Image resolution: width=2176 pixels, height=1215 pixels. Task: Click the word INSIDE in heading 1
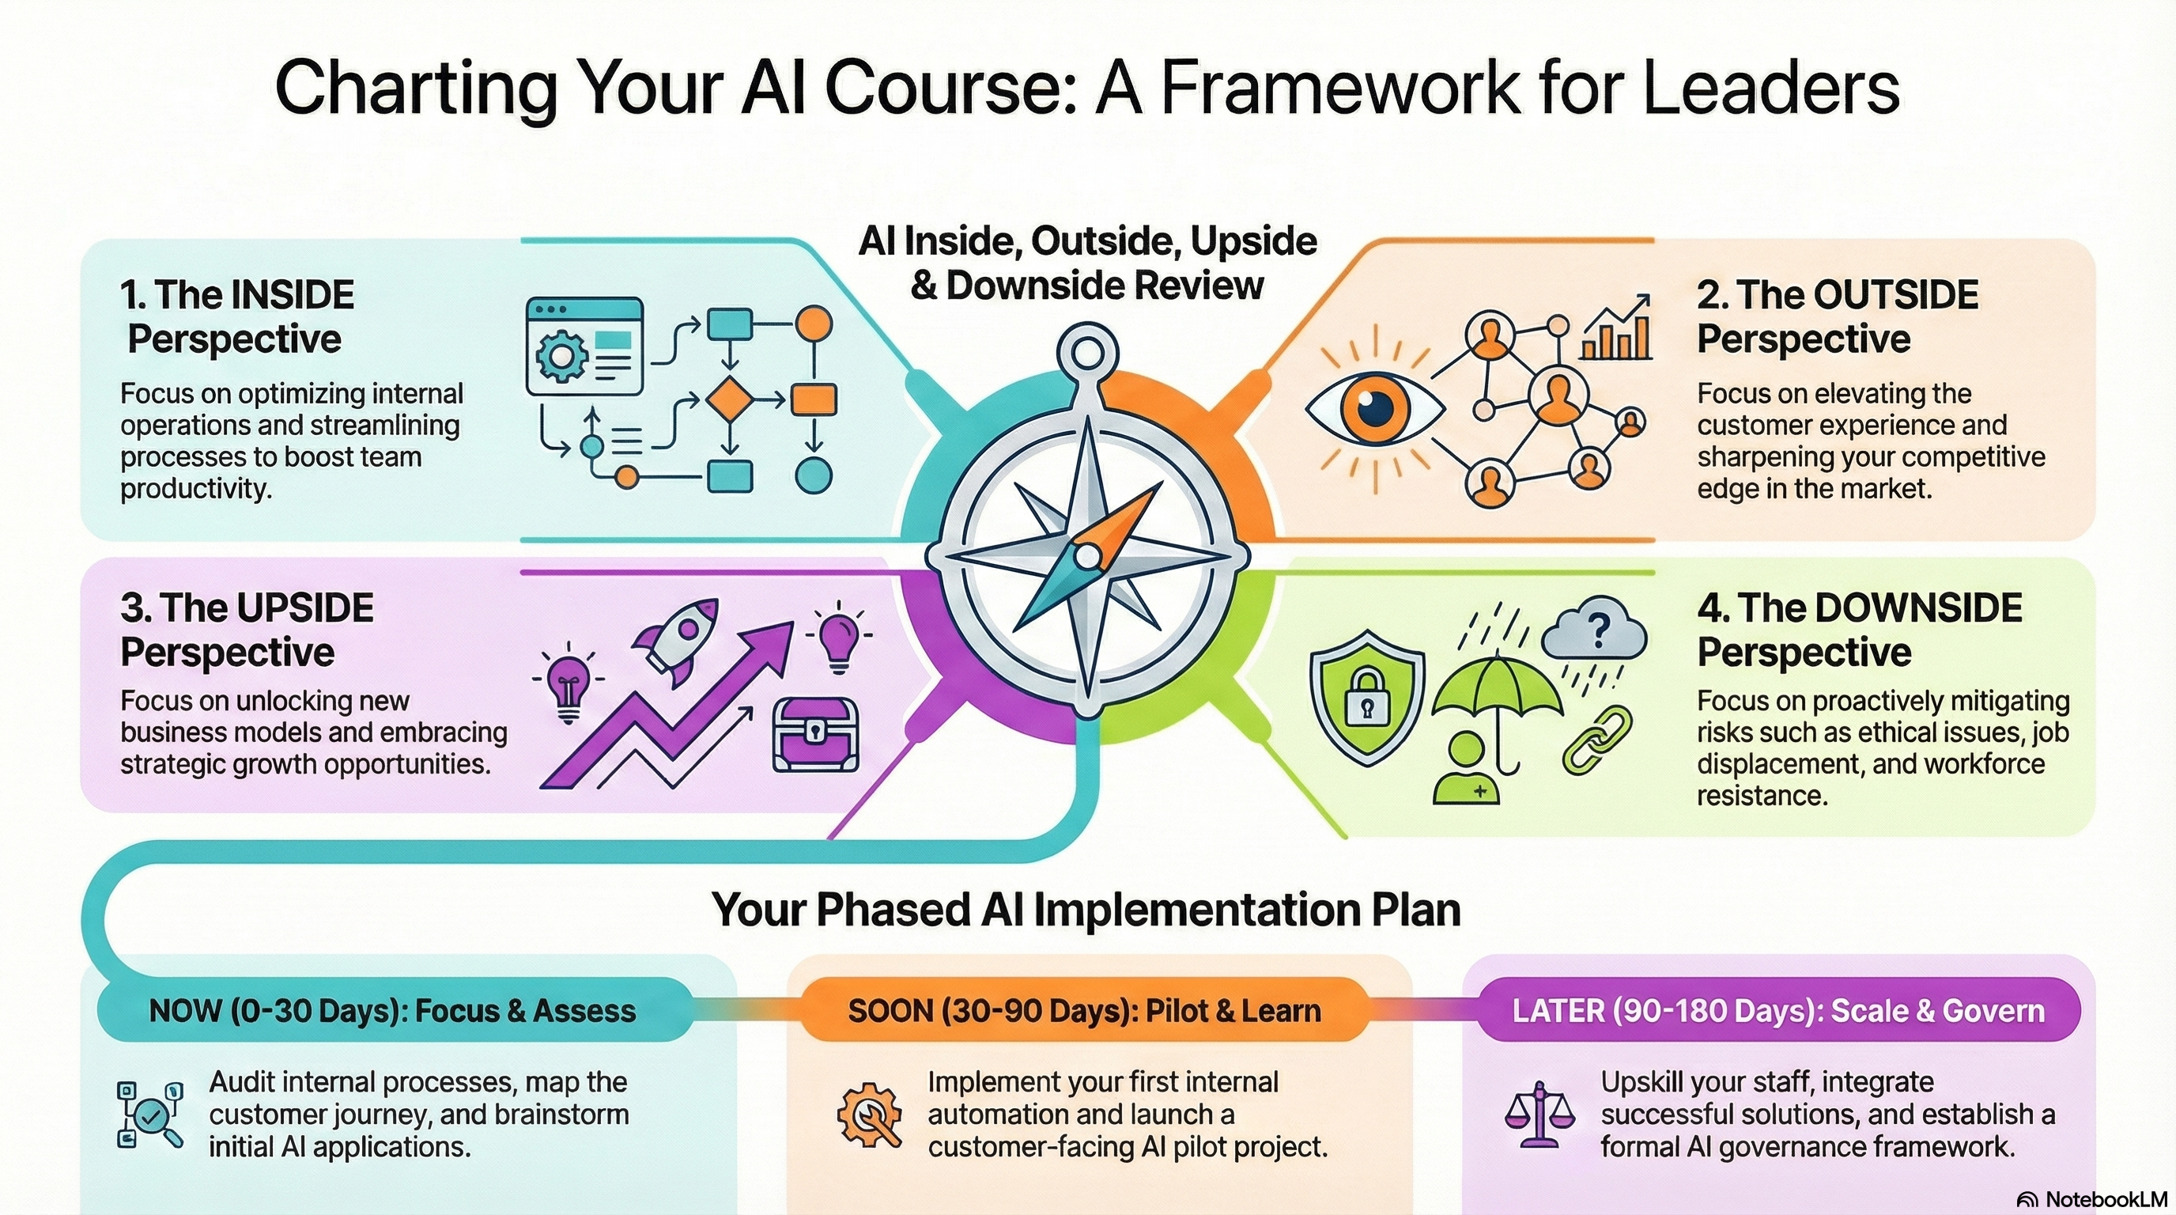(293, 295)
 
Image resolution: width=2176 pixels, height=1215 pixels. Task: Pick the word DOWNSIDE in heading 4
(1917, 608)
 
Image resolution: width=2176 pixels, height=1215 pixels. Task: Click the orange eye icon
(1374, 409)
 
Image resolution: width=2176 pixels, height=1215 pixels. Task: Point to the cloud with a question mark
(1594, 630)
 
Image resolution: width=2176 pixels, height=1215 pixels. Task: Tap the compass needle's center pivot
(1087, 556)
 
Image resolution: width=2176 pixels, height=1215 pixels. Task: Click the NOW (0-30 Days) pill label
(392, 1012)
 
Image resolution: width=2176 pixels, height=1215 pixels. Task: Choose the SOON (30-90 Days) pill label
(1084, 1012)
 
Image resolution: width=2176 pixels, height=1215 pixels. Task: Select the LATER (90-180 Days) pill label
(1778, 1012)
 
